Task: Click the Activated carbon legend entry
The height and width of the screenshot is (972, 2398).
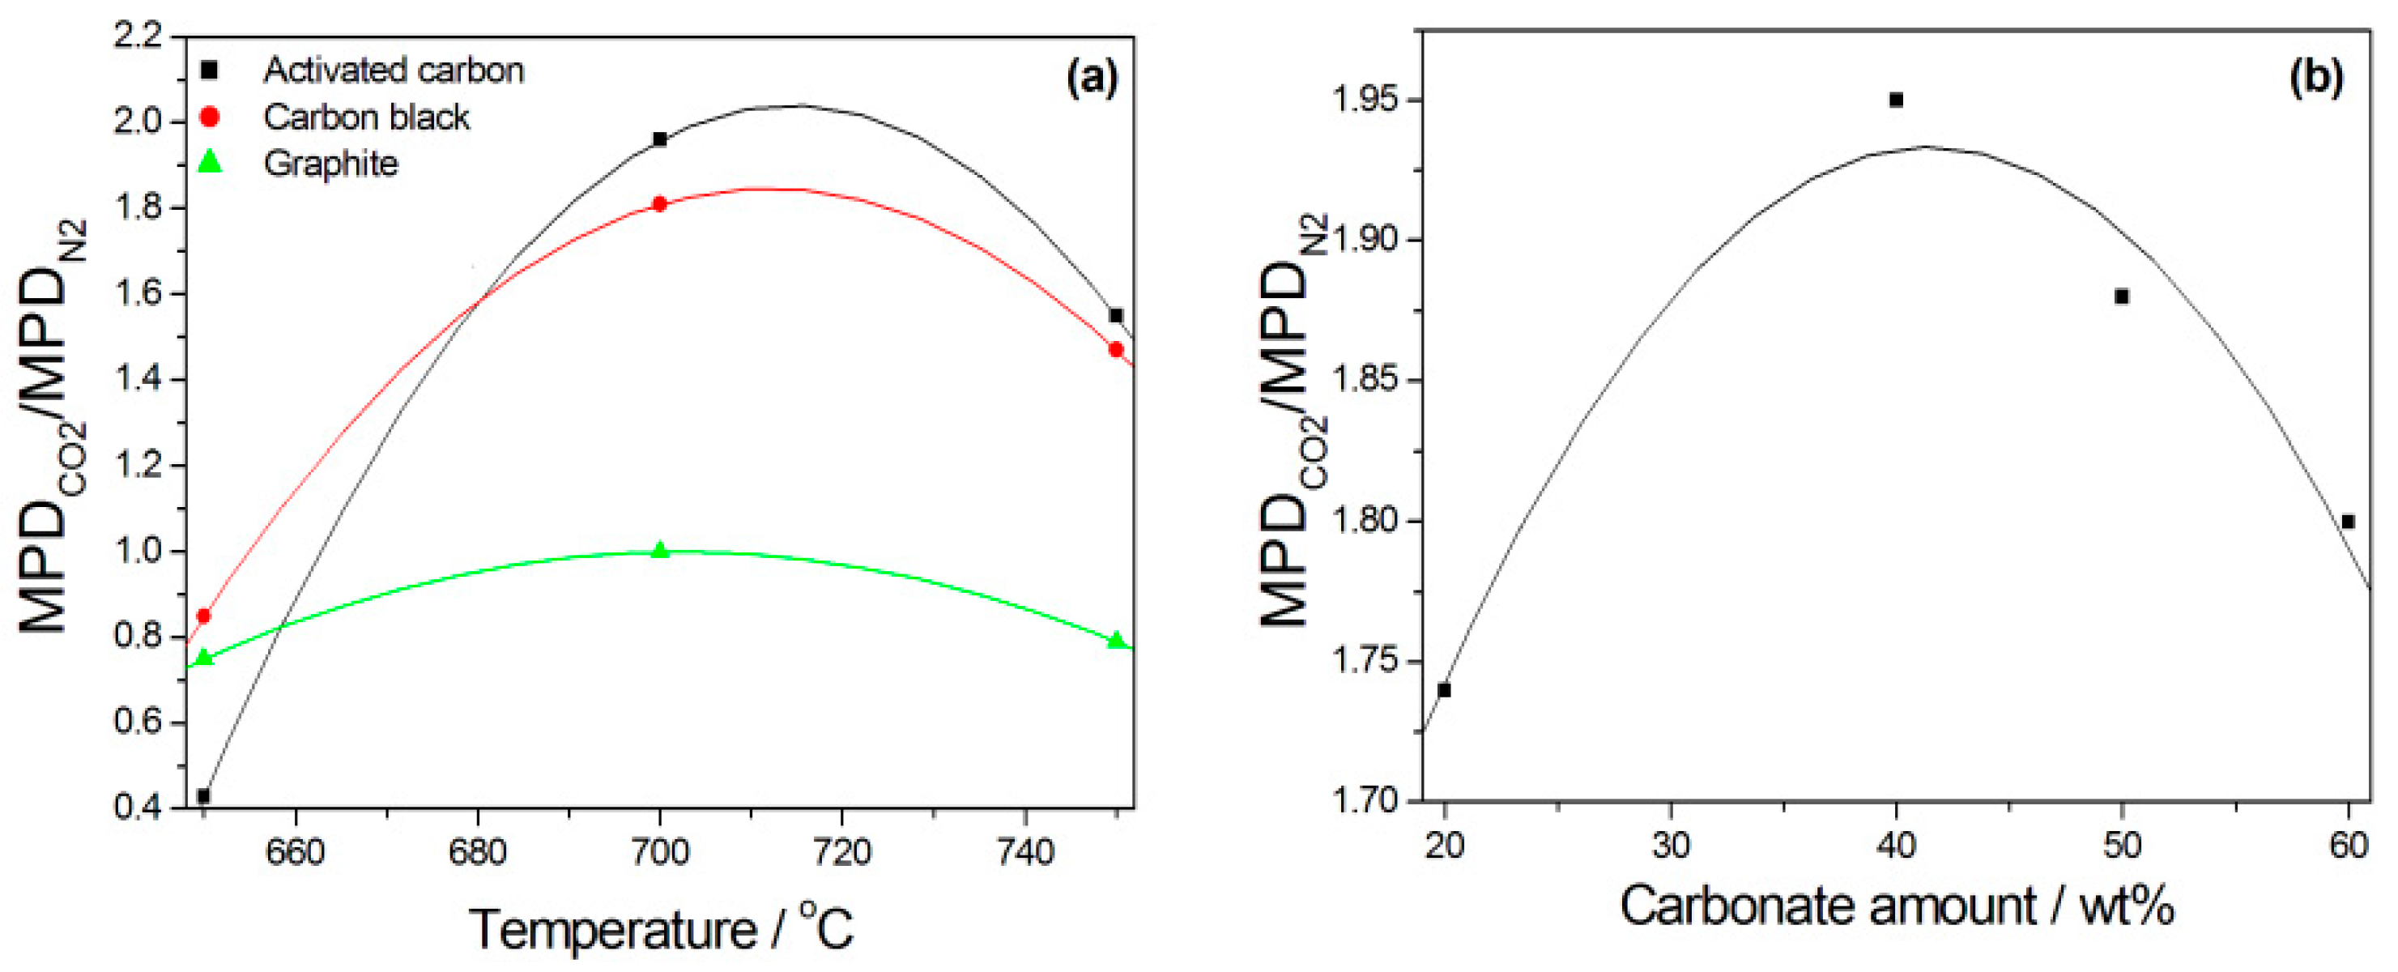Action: pyautogui.click(x=393, y=70)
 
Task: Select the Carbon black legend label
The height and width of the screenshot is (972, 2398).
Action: pyautogui.click(x=366, y=117)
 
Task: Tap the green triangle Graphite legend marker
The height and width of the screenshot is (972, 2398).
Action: pyautogui.click(x=211, y=163)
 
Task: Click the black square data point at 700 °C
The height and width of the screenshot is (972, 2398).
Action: pyautogui.click(x=660, y=139)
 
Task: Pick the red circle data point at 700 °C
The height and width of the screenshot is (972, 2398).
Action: pyautogui.click(x=660, y=204)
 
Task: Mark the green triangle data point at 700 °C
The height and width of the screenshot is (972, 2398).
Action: pyautogui.click(x=660, y=550)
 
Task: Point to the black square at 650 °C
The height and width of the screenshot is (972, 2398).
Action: pyautogui.click(x=204, y=796)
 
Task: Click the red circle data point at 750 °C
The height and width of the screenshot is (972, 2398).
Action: pyautogui.click(x=1116, y=349)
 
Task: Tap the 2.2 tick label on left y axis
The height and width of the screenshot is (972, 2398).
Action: pyautogui.click(x=138, y=37)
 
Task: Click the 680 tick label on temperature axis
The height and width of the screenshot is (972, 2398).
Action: pyautogui.click(x=478, y=852)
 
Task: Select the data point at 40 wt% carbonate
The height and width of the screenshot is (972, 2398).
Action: pyautogui.click(x=1896, y=100)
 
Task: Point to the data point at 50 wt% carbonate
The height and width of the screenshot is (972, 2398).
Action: pyautogui.click(x=2123, y=297)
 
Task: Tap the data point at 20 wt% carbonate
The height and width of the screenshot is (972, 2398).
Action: pyautogui.click(x=1445, y=690)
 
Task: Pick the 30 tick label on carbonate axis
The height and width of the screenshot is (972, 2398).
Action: pyautogui.click(x=1671, y=846)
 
